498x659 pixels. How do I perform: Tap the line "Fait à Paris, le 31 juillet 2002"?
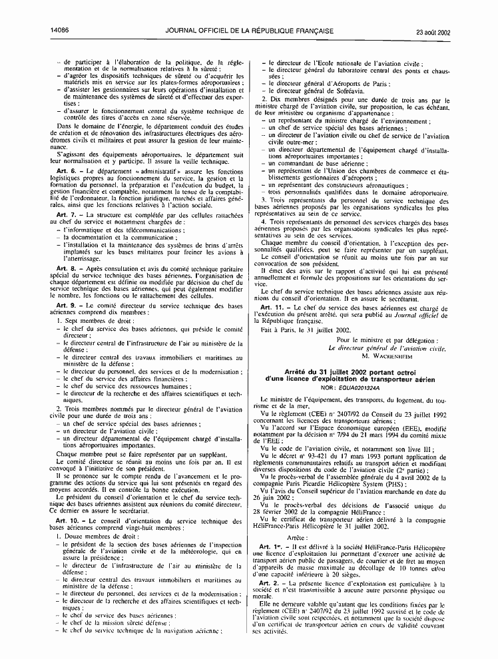tap(304, 330)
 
